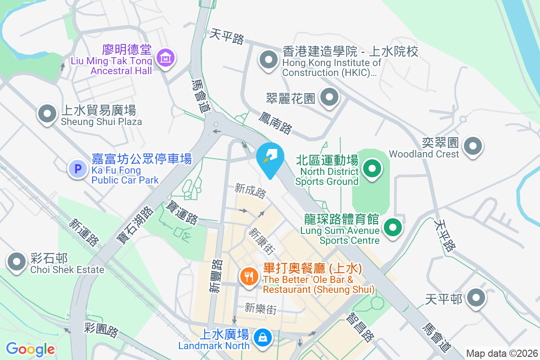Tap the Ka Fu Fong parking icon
point(77,169)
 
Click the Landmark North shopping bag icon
point(261,337)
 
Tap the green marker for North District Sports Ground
point(372,169)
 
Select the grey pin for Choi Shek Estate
point(17,261)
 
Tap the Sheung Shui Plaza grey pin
point(47,114)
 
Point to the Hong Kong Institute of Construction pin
point(269,60)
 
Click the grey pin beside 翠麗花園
point(329,97)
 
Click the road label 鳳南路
point(275,123)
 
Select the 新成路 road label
point(251,191)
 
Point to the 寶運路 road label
point(182,212)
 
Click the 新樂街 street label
point(261,308)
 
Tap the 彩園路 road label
point(101,330)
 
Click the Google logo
point(30,349)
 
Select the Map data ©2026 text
point(502,353)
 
